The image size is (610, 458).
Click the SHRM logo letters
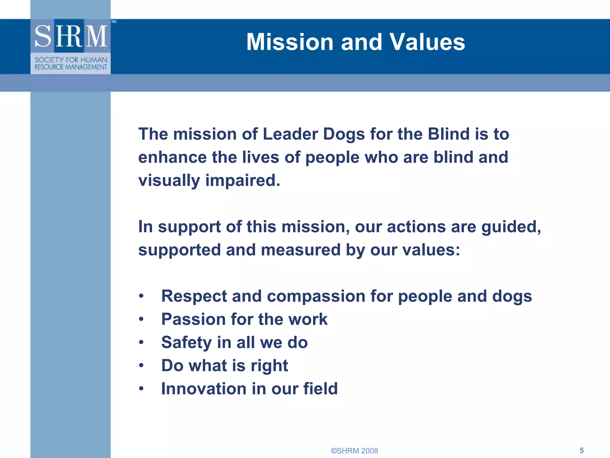tap(71, 36)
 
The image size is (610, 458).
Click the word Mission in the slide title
tap(290, 42)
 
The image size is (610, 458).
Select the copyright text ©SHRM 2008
tap(354, 451)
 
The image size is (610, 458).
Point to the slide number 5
tap(581, 450)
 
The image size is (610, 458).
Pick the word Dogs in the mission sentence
tap(344, 134)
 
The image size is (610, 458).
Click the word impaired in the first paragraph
tap(242, 181)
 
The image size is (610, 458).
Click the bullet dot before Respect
tap(141, 296)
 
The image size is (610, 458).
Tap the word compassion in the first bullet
tap(316, 297)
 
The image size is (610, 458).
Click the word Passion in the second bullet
tap(193, 319)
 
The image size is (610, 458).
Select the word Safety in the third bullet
tap(186, 343)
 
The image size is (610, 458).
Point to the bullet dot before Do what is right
tap(141, 366)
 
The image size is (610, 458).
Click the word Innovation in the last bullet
tap(204, 389)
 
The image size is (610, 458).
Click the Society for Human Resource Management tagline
tap(71, 64)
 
